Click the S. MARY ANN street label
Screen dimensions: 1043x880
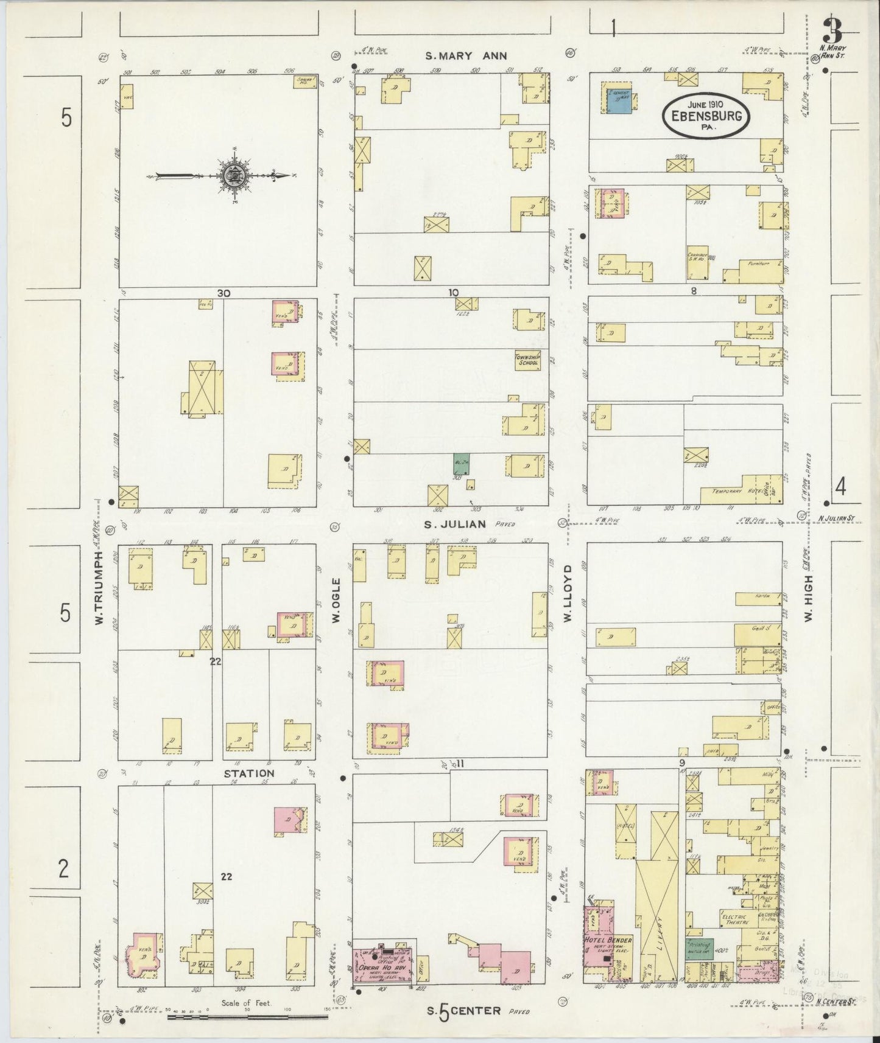465,56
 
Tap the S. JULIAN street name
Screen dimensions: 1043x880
455,523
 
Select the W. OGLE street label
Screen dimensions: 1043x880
336,601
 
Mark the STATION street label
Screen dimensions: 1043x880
248,774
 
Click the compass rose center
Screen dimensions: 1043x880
234,176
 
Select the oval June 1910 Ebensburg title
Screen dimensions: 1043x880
706,115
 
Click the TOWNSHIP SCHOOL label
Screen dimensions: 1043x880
527,360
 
